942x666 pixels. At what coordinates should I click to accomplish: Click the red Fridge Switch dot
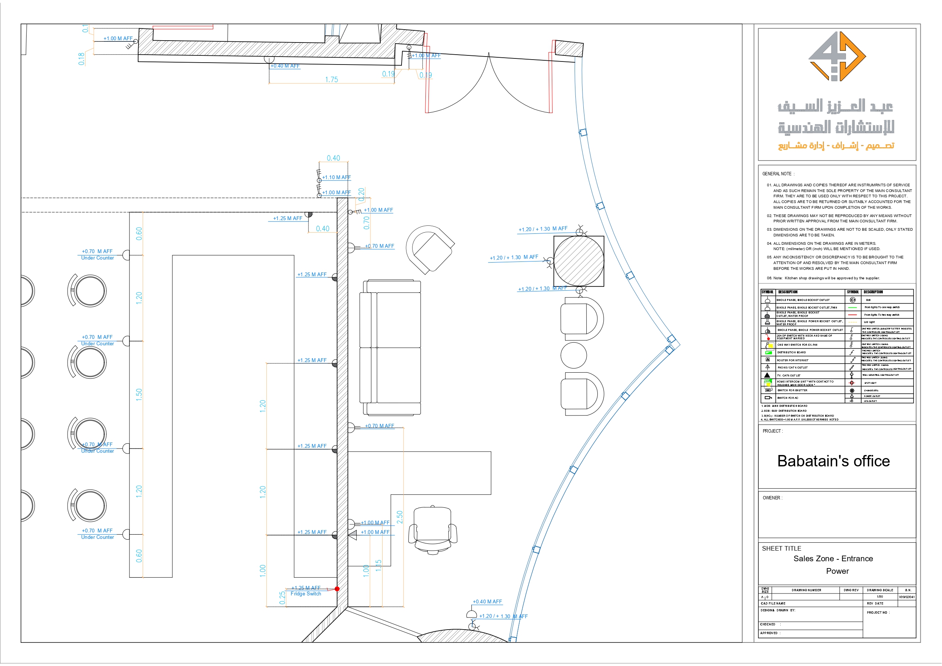[x=337, y=589]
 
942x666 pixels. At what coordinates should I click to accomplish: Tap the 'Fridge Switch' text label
[x=306, y=594]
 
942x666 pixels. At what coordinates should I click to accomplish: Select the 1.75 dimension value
[x=331, y=80]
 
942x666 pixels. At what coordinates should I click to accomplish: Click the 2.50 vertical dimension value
[x=400, y=516]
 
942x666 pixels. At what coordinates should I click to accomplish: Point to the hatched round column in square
[x=579, y=261]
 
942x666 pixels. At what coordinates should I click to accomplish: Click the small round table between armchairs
[x=573, y=355]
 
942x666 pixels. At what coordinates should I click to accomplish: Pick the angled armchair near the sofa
[x=430, y=249]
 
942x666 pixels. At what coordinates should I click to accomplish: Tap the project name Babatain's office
[x=833, y=461]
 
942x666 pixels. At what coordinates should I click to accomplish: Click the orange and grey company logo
[x=836, y=56]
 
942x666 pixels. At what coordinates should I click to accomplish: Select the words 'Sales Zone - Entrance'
[x=833, y=559]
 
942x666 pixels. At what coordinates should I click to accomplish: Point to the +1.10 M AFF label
[x=336, y=178]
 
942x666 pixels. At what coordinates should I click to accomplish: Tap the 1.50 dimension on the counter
[x=139, y=394]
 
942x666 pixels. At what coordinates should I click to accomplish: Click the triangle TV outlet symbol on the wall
[x=353, y=535]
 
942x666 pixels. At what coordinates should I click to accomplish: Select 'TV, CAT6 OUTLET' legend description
[x=789, y=375]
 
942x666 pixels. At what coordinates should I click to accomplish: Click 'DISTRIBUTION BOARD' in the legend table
[x=791, y=353]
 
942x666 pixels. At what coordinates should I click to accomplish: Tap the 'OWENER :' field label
[x=772, y=498]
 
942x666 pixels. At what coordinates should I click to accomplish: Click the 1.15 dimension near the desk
[x=378, y=565]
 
